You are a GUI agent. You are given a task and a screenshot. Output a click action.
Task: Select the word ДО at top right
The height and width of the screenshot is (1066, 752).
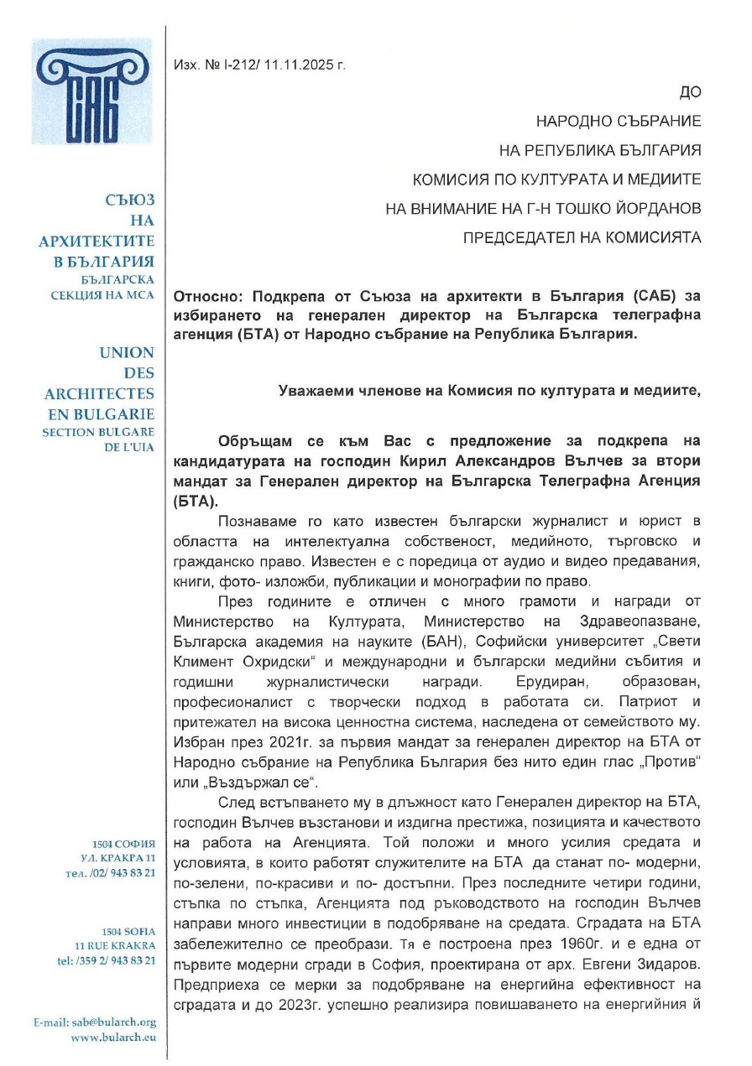(x=689, y=92)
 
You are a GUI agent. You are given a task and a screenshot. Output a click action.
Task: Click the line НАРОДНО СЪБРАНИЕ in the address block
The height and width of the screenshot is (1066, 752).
(x=619, y=122)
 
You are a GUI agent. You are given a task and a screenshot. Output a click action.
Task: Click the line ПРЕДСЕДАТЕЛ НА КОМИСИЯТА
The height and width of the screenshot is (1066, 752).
(x=582, y=238)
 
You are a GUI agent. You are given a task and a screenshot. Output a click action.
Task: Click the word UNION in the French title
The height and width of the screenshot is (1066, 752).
(x=126, y=353)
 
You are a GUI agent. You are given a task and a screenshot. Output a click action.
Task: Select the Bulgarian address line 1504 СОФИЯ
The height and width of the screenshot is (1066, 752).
(x=124, y=844)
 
